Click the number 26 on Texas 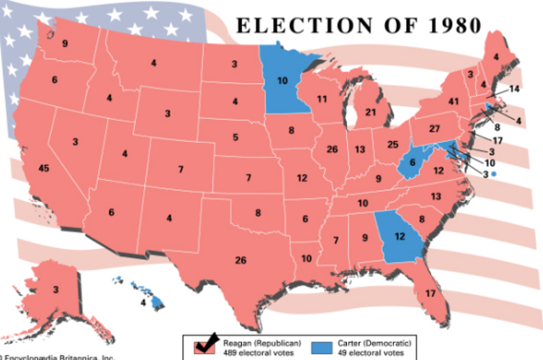[x=241, y=259]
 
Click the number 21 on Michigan [x=370, y=112]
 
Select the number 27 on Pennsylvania [x=434, y=128]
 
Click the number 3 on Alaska [x=56, y=290]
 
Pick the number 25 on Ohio [x=391, y=145]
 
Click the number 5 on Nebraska [x=236, y=136]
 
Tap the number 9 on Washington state [x=64, y=43]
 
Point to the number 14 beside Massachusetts [x=514, y=89]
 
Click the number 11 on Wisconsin [x=322, y=99]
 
